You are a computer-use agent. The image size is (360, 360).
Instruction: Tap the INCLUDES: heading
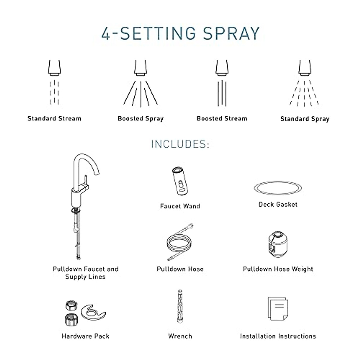pyautogui.click(x=180, y=144)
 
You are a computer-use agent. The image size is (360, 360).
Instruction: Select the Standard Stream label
pyautogui.click(x=54, y=118)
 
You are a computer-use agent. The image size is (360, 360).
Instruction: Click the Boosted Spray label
pyautogui.click(x=141, y=118)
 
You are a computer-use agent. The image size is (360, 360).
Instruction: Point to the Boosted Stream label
pyautogui.click(x=222, y=118)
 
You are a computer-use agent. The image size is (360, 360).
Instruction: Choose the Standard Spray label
pyautogui.click(x=305, y=119)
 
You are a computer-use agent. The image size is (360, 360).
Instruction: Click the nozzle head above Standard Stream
pyautogui.click(x=54, y=67)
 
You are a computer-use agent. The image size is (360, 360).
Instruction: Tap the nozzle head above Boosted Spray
pyautogui.click(x=141, y=67)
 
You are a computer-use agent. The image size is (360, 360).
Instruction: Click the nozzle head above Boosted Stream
pyautogui.click(x=222, y=67)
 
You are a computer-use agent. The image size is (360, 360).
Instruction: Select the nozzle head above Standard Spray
pyautogui.click(x=305, y=67)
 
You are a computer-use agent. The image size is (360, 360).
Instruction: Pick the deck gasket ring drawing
pyautogui.click(x=278, y=188)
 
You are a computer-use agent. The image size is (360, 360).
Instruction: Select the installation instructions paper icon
pyautogui.click(x=277, y=309)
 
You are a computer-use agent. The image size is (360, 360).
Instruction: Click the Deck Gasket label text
pyautogui.click(x=278, y=205)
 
